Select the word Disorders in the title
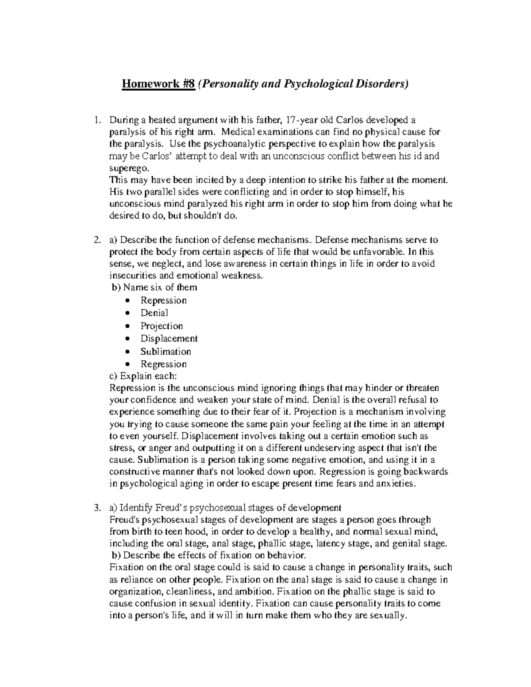pyautogui.click(x=379, y=84)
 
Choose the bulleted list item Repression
pyautogui.click(x=163, y=300)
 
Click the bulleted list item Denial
pyautogui.click(x=154, y=313)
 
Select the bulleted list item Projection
pyautogui.click(x=162, y=326)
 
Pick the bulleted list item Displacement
pyautogui.click(x=169, y=339)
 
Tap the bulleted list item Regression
pyautogui.click(x=163, y=365)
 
